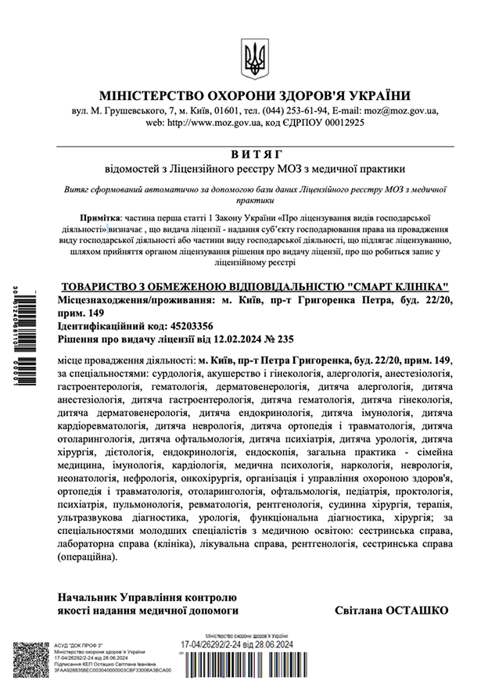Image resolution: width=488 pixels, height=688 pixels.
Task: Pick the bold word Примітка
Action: pos(100,213)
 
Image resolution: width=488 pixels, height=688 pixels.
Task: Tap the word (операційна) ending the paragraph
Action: pos(86,557)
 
